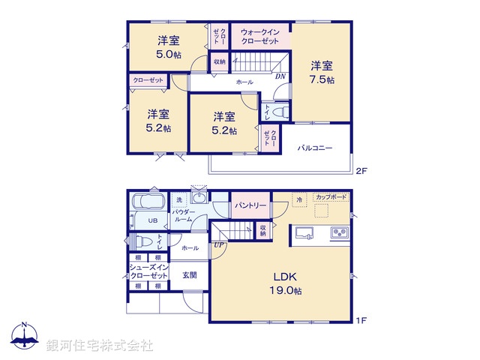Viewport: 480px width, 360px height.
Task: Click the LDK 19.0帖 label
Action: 286,282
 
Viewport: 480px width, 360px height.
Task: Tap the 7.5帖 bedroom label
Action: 322,72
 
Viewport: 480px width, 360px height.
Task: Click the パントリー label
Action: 250,205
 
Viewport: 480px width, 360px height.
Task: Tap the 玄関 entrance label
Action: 190,274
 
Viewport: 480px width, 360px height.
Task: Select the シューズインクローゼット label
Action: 148,271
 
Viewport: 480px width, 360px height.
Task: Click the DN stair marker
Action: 280,76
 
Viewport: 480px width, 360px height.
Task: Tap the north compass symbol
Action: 25,334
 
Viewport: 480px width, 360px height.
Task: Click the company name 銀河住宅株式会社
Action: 100,345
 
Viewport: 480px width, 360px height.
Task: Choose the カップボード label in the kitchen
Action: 331,196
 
